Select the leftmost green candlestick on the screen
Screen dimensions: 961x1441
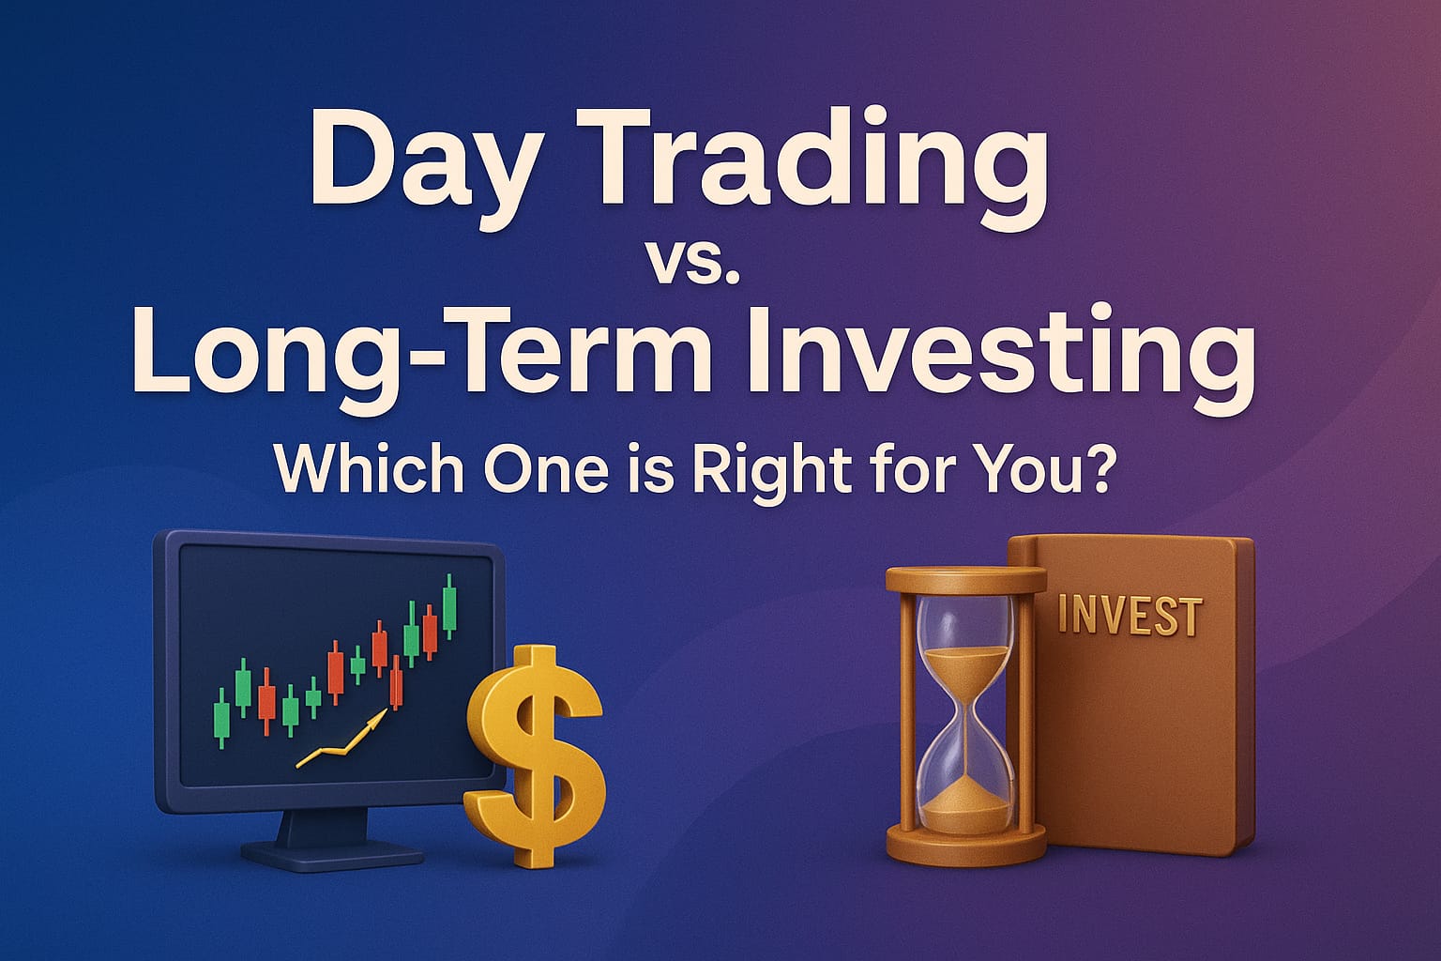click(x=222, y=717)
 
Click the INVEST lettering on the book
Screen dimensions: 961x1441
click(x=1129, y=617)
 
